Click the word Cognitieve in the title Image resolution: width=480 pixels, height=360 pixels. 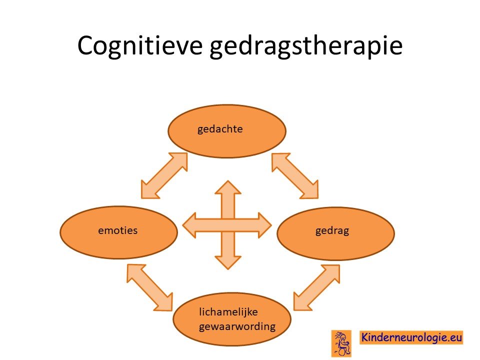(x=140, y=46)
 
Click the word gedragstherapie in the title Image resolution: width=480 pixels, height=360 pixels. (x=306, y=46)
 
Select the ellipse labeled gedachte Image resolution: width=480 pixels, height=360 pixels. (x=227, y=131)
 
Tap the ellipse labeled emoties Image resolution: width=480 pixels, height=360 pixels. (x=119, y=232)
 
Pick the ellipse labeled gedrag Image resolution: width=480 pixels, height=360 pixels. (x=336, y=233)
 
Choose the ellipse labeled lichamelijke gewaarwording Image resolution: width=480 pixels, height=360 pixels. (x=231, y=319)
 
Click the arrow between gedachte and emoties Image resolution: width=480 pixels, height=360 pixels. (x=164, y=175)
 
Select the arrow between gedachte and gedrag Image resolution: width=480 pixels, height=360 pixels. (x=295, y=175)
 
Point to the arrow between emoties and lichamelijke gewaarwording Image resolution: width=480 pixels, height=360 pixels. (x=149, y=288)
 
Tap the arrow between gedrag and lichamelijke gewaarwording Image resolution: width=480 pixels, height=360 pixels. (x=316, y=288)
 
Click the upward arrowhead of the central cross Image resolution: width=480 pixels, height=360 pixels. (x=228, y=187)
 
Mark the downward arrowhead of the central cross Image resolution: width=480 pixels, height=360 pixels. (x=228, y=262)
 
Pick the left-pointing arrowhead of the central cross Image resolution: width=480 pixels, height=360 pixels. (x=189, y=225)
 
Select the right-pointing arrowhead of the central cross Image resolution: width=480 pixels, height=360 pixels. (x=265, y=225)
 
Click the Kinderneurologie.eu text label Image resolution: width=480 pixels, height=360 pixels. (x=411, y=337)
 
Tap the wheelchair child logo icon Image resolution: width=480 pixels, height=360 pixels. (x=341, y=343)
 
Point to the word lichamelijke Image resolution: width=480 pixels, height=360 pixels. (x=228, y=312)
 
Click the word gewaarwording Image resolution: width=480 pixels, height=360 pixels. (x=237, y=326)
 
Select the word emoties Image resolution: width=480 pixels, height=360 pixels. (x=118, y=230)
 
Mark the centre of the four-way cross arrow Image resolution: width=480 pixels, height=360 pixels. (x=228, y=225)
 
